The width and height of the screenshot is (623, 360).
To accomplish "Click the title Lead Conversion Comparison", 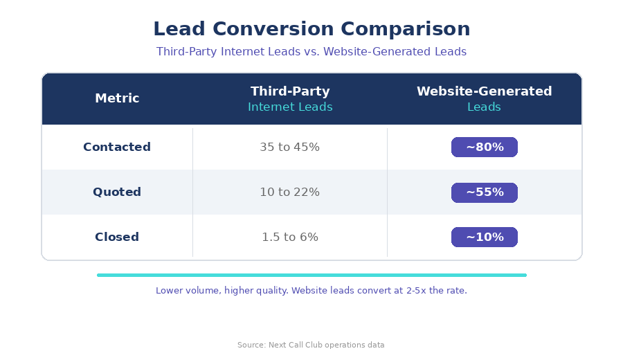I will click(311, 30).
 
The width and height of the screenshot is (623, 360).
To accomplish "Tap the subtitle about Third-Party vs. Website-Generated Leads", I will click(311, 52).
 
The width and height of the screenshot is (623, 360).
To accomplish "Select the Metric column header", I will click(117, 99).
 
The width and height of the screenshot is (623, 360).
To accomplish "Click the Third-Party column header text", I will click(290, 91).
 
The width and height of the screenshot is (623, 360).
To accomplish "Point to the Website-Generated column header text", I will click(484, 91).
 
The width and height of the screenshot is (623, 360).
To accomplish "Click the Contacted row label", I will click(117, 147).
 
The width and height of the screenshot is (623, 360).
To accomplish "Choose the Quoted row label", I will click(117, 192).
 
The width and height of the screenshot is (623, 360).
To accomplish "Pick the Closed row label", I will click(117, 237).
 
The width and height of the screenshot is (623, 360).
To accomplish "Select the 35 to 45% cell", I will click(290, 147).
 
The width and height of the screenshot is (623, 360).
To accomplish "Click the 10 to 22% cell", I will click(290, 192).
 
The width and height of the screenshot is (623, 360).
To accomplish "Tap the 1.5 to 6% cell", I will click(290, 237).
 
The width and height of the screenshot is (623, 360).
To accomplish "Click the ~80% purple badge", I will click(484, 147).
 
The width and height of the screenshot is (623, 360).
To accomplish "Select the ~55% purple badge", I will click(484, 192).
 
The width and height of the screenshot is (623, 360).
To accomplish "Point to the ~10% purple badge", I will click(484, 237).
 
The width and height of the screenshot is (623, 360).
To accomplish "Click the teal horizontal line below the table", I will click(311, 275).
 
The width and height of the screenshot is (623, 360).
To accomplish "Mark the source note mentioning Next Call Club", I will click(311, 345).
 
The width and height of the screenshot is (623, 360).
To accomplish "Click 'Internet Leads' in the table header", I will click(290, 107).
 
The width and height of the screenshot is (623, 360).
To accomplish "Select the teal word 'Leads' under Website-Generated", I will click(484, 107).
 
